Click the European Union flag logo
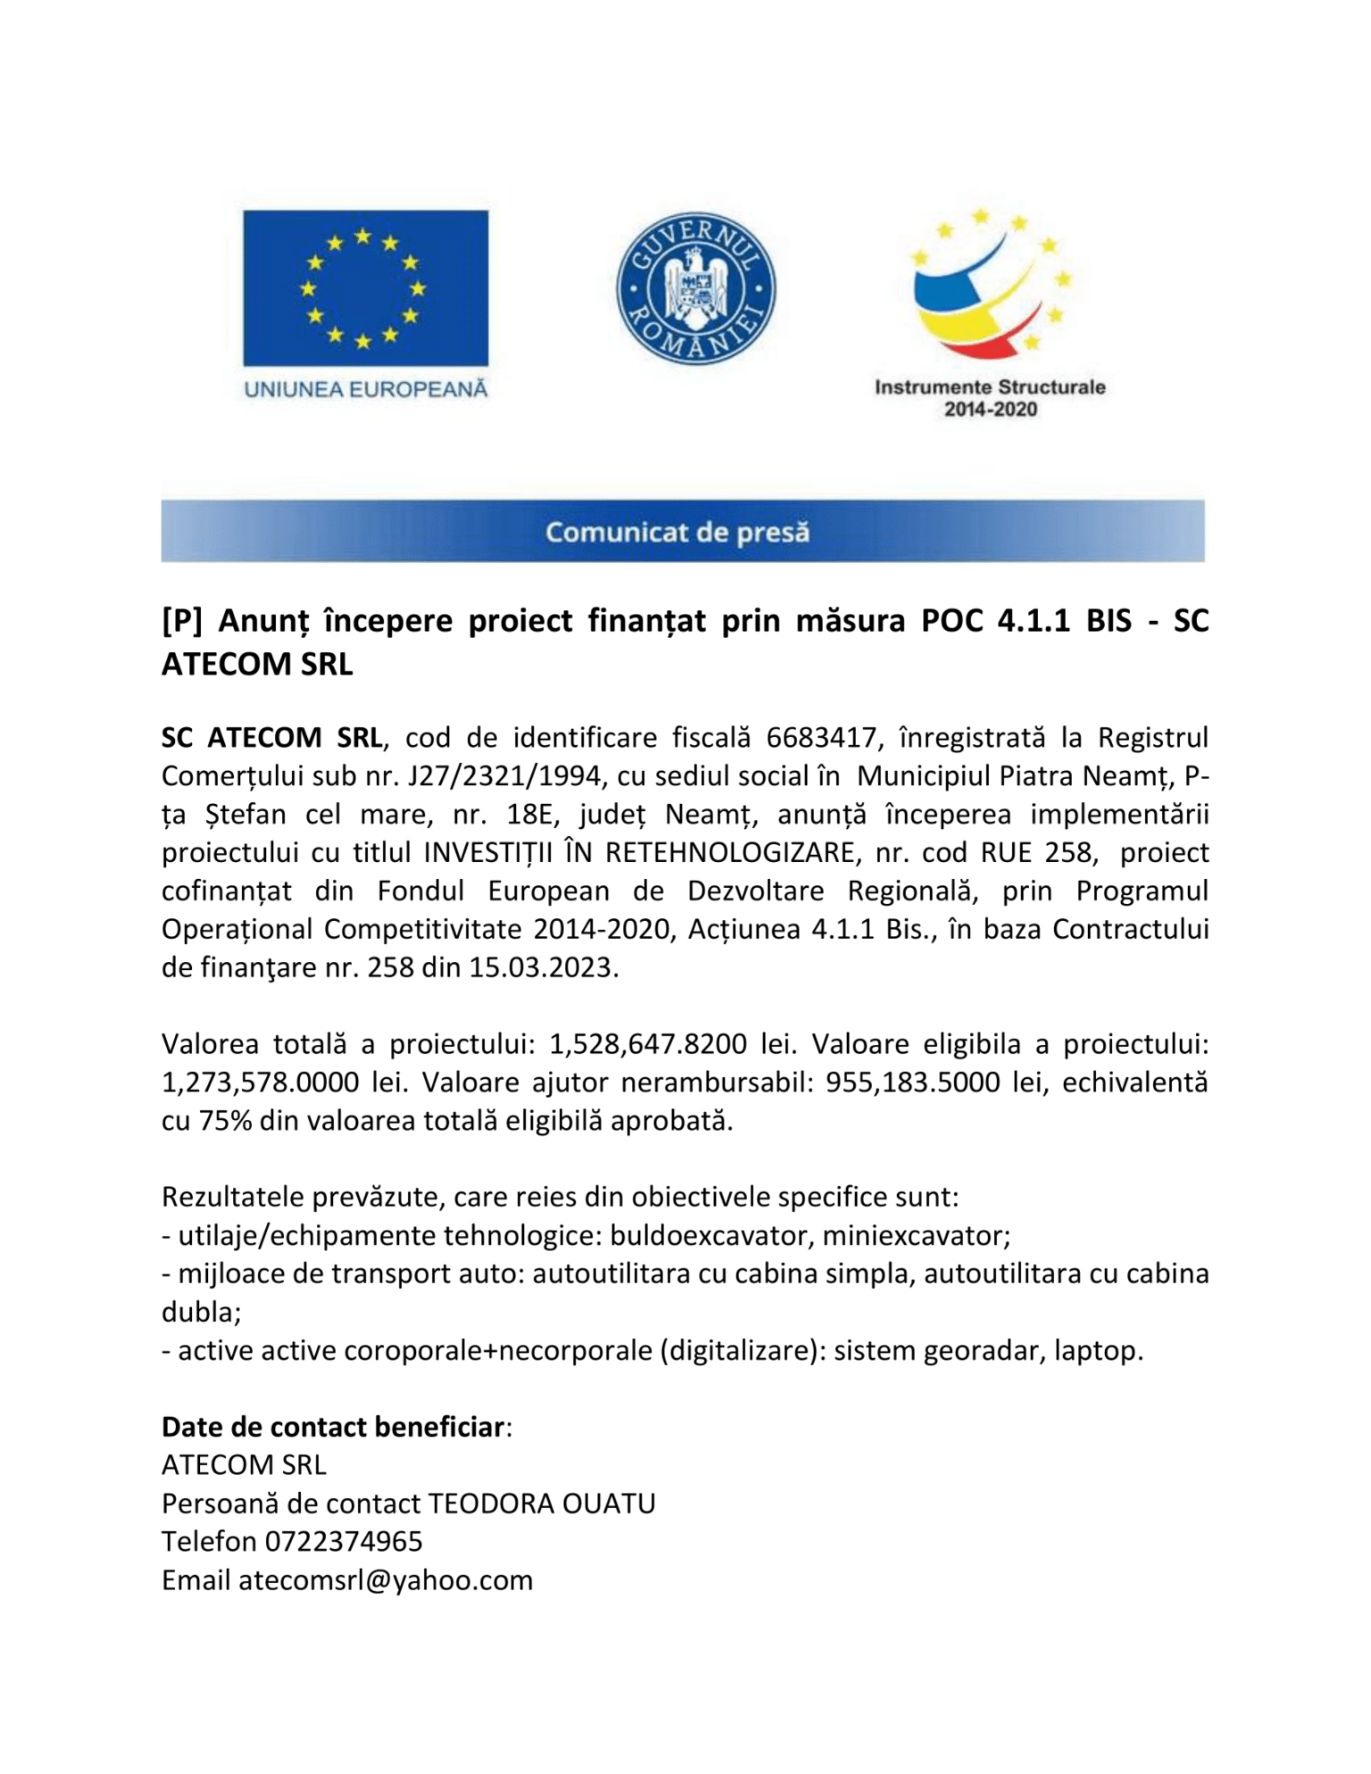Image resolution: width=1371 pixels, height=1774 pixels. click(x=365, y=287)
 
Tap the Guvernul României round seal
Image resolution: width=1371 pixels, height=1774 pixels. click(x=696, y=289)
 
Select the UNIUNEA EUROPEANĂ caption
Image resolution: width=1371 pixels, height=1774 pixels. click(x=366, y=389)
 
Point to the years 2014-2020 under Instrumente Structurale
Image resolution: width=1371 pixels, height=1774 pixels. click(x=991, y=410)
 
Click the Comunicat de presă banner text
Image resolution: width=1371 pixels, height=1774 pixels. click(x=677, y=533)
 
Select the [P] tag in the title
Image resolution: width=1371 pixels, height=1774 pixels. click(x=182, y=620)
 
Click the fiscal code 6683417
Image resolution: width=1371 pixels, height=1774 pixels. click(x=820, y=738)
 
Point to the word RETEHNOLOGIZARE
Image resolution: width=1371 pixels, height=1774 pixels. click(x=731, y=853)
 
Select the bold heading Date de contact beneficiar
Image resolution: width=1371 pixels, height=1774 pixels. click(x=333, y=1428)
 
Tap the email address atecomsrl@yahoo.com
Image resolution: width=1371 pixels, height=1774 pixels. click(x=385, y=1580)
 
